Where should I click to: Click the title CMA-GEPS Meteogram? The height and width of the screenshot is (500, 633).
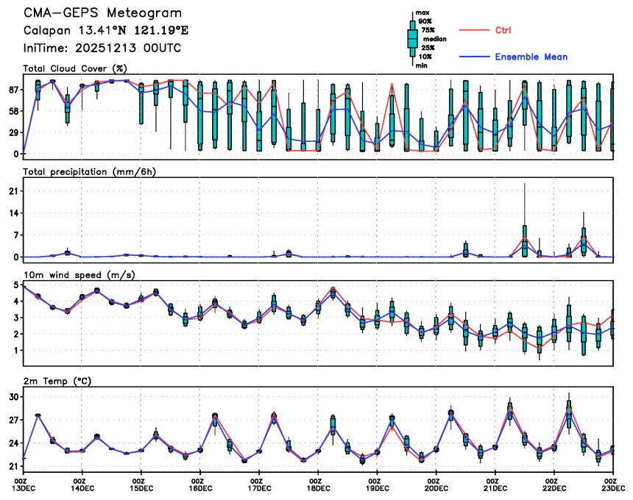102,13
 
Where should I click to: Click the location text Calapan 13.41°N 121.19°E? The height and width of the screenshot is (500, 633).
106,31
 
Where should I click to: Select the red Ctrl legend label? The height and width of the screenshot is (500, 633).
503,29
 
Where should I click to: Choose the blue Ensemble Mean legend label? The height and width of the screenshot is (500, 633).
531,57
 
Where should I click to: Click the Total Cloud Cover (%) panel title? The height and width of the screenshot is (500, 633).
76,68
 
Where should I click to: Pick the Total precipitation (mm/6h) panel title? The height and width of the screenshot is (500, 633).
90,171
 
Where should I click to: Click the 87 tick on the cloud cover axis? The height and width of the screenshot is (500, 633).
13,90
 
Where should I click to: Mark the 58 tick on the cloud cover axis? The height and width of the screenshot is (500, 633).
13,111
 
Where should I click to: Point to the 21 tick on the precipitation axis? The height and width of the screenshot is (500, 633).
13,191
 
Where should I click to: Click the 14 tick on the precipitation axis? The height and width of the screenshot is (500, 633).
13,213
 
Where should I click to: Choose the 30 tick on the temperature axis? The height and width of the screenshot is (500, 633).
13,397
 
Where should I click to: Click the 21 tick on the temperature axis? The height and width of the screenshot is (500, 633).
13,466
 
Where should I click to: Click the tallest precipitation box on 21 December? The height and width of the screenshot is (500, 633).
524,240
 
